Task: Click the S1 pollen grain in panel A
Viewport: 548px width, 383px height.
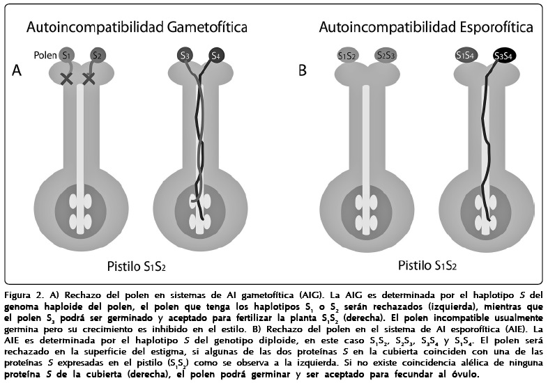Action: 67,54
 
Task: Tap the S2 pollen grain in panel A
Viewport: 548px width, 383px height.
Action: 97,54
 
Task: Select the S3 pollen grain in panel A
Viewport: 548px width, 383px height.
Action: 184,55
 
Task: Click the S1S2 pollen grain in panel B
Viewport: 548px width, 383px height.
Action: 347,55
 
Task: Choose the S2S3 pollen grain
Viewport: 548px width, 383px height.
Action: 385,55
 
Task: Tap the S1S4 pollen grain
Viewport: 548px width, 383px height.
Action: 465,55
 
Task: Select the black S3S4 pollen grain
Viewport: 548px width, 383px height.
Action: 503,55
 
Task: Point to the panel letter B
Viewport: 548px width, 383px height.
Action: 303,70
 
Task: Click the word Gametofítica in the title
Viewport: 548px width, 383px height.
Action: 206,27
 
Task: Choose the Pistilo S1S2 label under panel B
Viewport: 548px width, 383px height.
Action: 427,265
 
